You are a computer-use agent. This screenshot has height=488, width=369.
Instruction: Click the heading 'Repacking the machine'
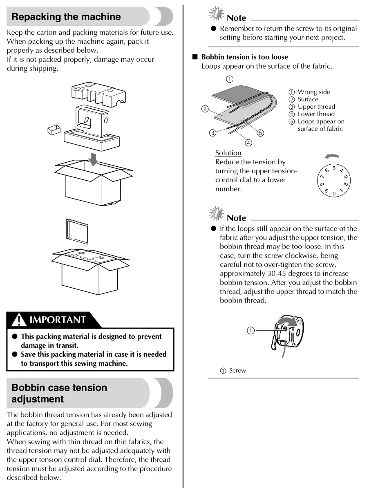pos(66,17)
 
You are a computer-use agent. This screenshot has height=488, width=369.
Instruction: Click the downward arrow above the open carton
pos(94,159)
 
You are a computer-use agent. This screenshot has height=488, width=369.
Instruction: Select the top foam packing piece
pos(98,94)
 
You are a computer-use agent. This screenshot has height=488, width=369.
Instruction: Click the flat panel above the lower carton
pos(77,231)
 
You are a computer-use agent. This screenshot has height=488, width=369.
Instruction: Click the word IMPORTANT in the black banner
pos(58,320)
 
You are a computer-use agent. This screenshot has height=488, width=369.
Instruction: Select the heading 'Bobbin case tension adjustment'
pos(59,393)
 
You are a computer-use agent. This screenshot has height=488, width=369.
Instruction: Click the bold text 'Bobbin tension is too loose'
pos(244,57)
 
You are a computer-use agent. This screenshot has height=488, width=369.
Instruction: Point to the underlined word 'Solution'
pos(228,153)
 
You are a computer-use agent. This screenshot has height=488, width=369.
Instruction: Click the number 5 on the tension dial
pos(334,168)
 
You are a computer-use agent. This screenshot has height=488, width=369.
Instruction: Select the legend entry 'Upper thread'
pos(316,107)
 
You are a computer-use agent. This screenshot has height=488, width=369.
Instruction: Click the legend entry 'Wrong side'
pos(313,92)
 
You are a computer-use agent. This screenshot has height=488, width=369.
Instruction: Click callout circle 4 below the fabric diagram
pos(248,143)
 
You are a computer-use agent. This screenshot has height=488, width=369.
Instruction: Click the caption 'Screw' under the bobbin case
pos(237,371)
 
